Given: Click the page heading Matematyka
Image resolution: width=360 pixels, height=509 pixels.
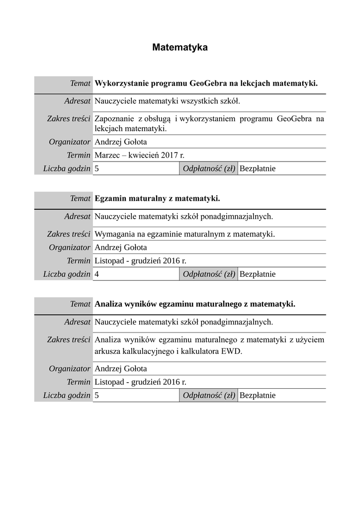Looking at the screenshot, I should click(x=180, y=48).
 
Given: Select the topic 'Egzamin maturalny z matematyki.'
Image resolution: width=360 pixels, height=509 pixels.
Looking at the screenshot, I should click(x=157, y=198).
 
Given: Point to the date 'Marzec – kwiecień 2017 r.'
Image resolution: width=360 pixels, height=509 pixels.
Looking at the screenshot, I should click(x=139, y=155).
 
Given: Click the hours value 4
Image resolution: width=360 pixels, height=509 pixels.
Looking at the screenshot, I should click(x=96, y=274).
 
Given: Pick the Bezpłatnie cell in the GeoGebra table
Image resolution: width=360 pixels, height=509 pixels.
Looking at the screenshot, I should click(x=258, y=169).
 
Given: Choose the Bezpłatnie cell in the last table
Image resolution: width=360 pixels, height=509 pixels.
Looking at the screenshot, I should click(x=258, y=396).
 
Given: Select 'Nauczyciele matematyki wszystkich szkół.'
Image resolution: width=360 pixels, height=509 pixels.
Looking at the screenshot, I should click(x=167, y=101).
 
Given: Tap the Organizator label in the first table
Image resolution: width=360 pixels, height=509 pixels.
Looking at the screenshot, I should click(x=70, y=142).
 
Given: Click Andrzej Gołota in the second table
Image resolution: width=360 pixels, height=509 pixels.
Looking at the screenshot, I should click(x=121, y=248).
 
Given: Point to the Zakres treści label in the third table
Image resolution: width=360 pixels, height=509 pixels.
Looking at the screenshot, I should click(x=69, y=340).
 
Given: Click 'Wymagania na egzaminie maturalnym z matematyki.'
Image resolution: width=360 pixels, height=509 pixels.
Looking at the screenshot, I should click(x=184, y=234).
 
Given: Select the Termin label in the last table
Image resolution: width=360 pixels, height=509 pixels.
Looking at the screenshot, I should click(x=79, y=382).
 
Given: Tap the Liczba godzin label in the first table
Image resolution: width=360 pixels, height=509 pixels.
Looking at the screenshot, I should click(x=67, y=169).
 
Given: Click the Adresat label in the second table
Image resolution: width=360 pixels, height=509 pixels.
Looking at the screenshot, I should click(x=77, y=217).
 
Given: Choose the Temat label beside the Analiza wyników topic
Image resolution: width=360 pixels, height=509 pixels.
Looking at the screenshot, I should click(x=80, y=303).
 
